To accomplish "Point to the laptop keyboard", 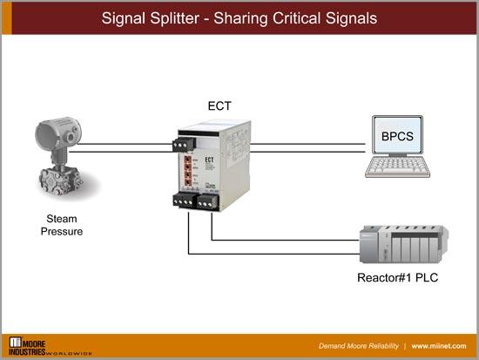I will [x=400, y=166].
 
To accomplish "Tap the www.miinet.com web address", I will [x=441, y=345].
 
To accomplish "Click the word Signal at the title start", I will [x=124, y=17].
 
